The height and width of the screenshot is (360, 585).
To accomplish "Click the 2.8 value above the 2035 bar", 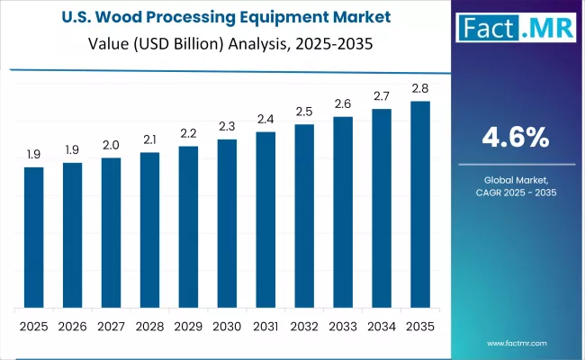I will click(x=420, y=87).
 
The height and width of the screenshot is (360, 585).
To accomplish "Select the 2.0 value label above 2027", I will click(x=111, y=145).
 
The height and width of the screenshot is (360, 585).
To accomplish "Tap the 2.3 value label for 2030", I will click(x=227, y=126).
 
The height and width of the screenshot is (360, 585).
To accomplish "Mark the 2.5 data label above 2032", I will click(x=304, y=111).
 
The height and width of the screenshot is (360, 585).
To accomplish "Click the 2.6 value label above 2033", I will click(x=343, y=103).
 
